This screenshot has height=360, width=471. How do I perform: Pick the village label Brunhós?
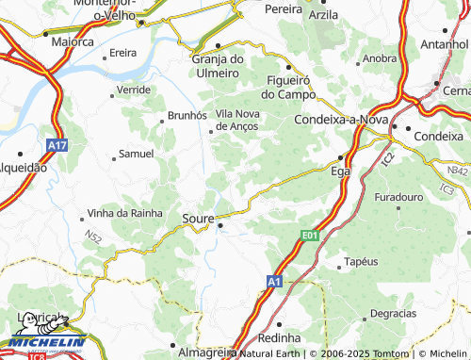[187, 114]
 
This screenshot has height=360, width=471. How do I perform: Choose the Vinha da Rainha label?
[123, 213]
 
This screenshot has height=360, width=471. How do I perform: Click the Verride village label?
[134, 90]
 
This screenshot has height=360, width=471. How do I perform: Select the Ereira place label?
[123, 53]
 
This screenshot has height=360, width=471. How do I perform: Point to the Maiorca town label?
[73, 41]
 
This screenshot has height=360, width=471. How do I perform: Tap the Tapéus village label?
[362, 260]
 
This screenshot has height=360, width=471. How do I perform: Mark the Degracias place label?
[393, 312]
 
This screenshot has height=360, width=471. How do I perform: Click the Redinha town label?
[280, 336]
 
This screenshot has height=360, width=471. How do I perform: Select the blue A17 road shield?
[57, 147]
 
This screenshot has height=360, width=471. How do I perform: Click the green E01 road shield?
[312, 233]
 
